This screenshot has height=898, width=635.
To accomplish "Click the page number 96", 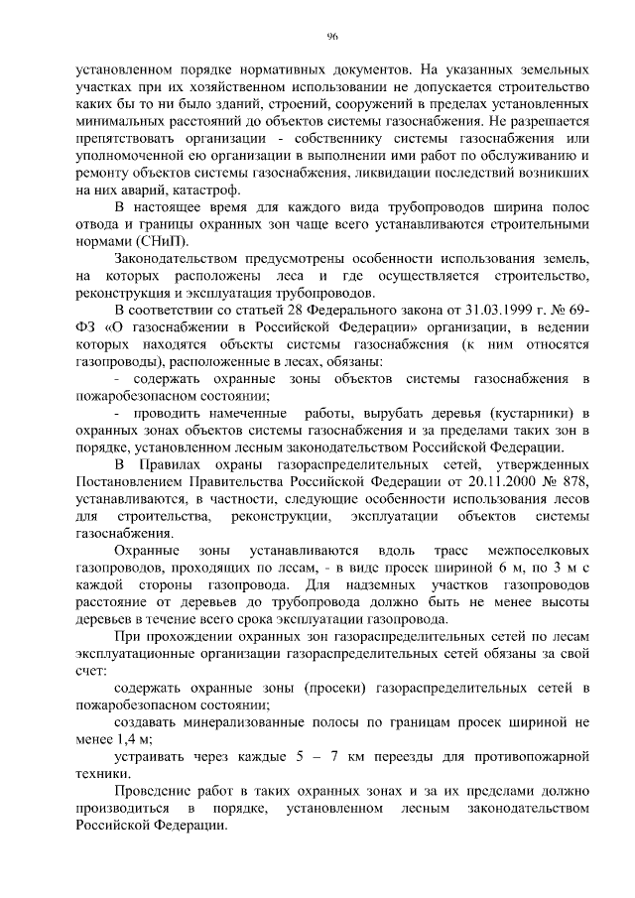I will [332, 37].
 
